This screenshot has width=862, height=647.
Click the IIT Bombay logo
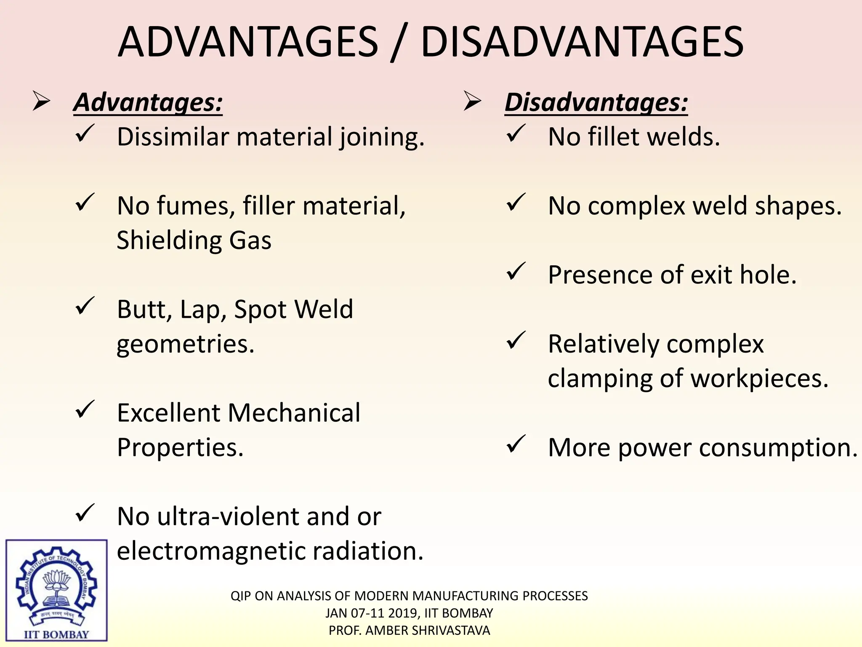(56, 590)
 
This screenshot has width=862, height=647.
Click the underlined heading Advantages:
(148, 102)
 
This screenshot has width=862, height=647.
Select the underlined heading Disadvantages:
(596, 102)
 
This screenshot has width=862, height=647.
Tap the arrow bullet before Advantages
(42, 102)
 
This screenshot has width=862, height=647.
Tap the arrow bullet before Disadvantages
(472, 102)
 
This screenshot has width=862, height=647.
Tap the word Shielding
(169, 241)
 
